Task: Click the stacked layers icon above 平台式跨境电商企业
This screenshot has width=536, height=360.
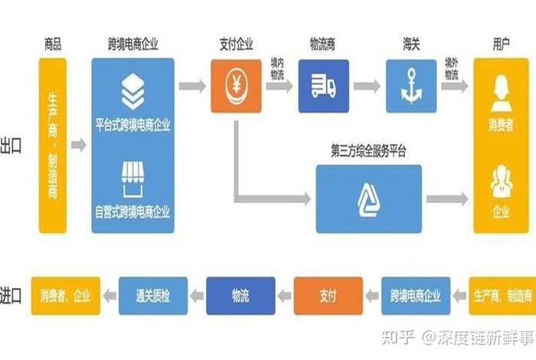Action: point(133,93)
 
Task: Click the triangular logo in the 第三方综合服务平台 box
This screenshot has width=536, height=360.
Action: point(368,198)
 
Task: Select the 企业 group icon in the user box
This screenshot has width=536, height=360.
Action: point(500,179)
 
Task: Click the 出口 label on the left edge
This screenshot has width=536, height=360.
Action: point(11,145)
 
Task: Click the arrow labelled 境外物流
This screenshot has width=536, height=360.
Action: point(453,85)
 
